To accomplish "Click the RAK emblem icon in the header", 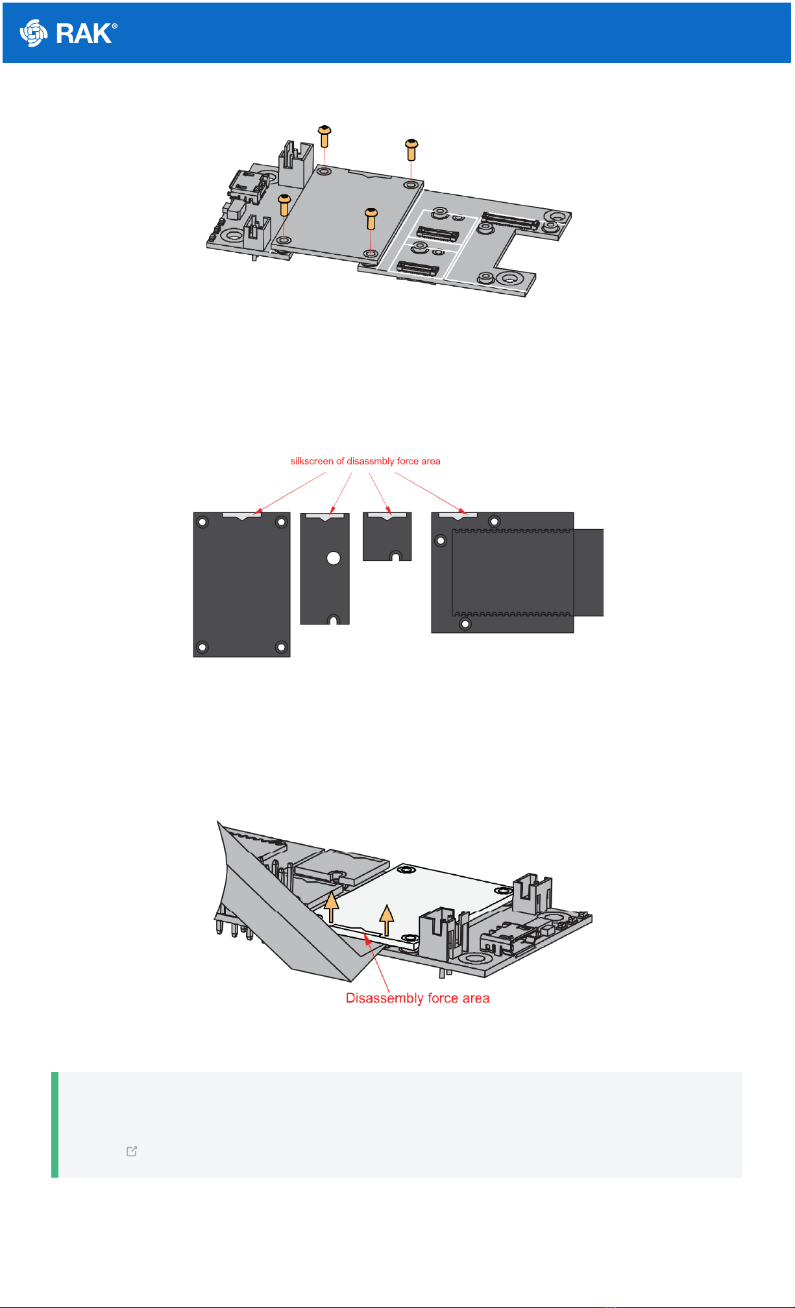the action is pos(34,33).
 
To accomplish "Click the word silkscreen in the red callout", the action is pos(312,461).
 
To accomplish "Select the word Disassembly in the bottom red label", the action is pos(377,998).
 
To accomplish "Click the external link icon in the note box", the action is pos(132,1152).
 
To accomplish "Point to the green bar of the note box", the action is pos(55,1124).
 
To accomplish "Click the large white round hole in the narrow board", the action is pos(334,558).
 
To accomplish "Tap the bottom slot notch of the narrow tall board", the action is pos(333,620).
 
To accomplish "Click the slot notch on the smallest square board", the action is pos(395,556).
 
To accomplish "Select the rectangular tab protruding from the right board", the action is pos(589,572).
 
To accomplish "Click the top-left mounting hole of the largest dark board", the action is pos(203,522).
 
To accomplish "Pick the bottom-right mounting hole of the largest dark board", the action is pos(281,647).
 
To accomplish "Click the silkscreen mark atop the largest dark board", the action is pos(241,516).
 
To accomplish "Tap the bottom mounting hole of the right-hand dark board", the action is pos(465,624).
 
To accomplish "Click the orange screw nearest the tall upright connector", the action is pos(324,136).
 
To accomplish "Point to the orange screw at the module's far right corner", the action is pos(411,149).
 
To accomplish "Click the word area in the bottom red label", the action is pos(476,998).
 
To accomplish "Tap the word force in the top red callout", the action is pos(408,461).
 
